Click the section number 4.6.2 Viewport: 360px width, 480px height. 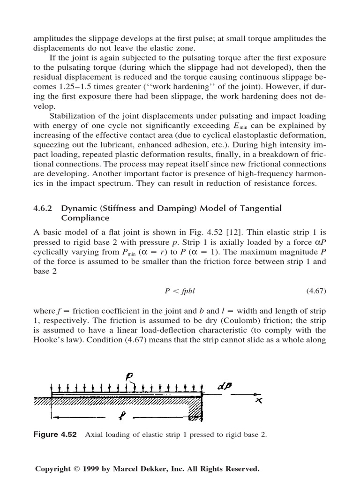[x=45, y=208]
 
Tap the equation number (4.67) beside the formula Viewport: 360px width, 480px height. [x=316, y=291]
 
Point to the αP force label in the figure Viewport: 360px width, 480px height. [x=226, y=387]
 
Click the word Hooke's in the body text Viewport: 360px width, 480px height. [x=48, y=340]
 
